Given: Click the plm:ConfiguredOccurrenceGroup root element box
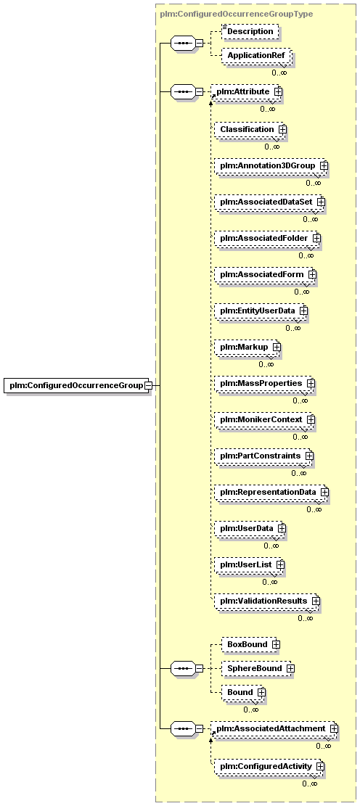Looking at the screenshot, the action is tap(77, 385).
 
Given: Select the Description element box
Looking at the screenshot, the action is tap(250, 31).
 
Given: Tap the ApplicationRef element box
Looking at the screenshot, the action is tap(255, 56).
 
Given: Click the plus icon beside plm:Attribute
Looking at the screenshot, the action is tap(278, 91).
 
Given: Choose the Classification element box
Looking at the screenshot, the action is tap(250, 129).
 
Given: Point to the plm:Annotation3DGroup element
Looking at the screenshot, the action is tap(271, 166).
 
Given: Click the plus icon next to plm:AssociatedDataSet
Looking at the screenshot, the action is tap(321, 202).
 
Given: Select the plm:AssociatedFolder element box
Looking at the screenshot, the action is tap(267, 238).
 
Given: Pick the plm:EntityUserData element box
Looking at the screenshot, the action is tap(261, 311).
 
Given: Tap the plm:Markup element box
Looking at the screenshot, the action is tap(247, 347).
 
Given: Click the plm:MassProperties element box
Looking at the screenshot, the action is tap(264, 383).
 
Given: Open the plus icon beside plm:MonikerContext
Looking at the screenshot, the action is tap(311, 419).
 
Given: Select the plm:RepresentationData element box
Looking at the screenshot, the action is tap(271, 491).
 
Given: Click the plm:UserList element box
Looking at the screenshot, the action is tap(250, 564).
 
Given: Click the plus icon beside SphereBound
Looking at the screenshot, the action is tap(290, 668).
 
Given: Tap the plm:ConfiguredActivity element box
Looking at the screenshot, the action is tap(269, 766).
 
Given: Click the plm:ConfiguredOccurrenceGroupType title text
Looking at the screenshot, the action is tap(236, 14).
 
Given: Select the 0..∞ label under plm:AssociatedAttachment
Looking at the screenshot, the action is tap(324, 746).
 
